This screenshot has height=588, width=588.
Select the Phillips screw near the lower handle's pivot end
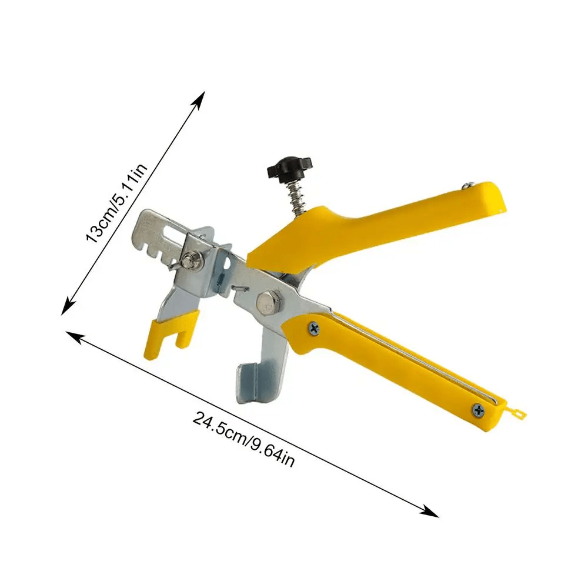[x=313, y=329]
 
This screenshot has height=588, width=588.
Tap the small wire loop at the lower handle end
[x=517, y=413]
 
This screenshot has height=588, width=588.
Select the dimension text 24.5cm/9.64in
[x=243, y=439]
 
